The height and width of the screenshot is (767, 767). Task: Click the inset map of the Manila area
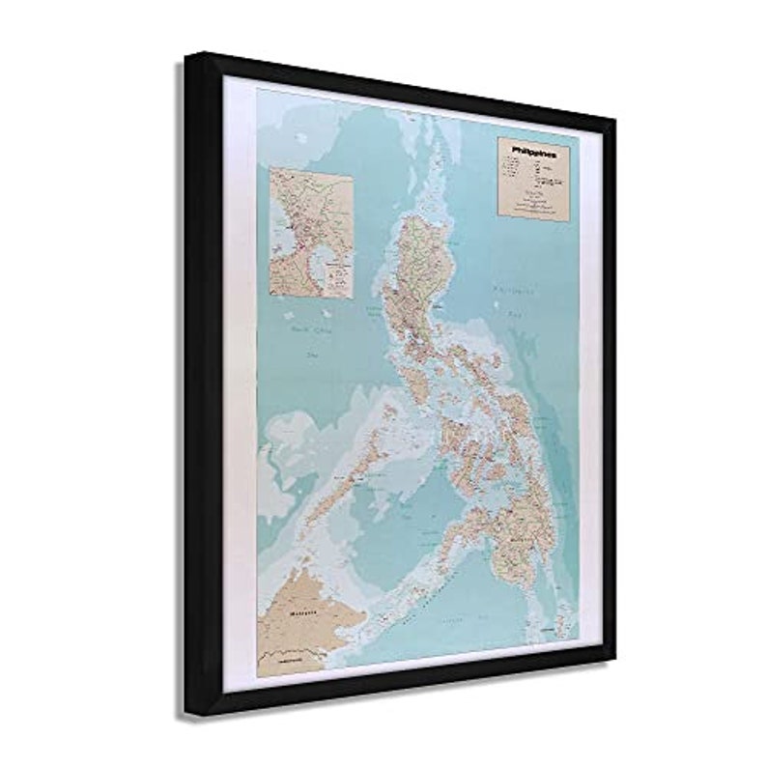point(311,233)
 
